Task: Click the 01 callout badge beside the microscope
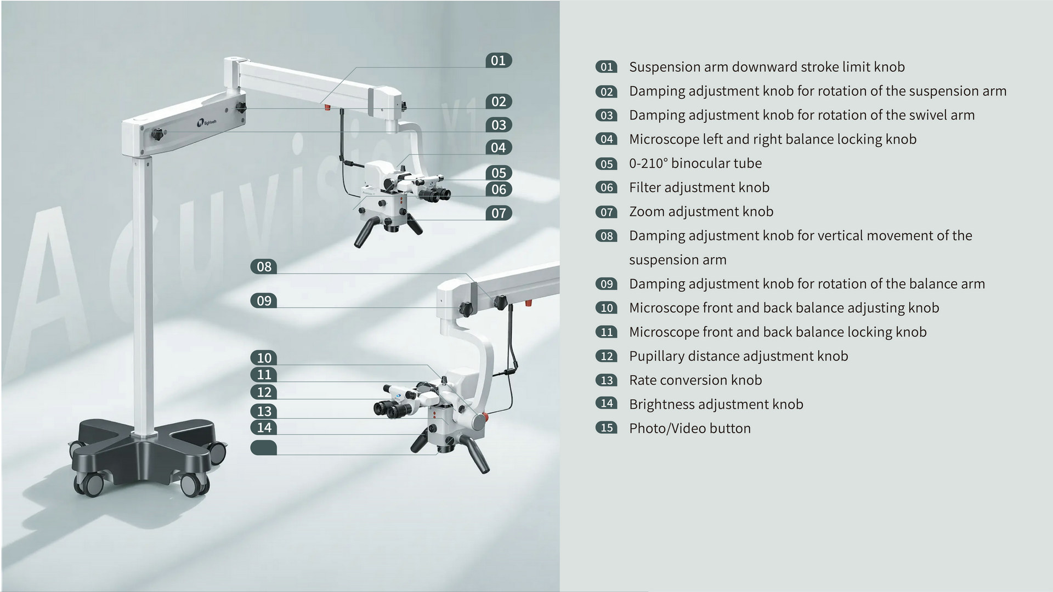499,60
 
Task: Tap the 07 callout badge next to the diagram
499,213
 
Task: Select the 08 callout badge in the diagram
264,267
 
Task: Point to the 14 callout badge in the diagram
264,428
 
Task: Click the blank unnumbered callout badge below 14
264,447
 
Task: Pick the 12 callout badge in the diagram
264,392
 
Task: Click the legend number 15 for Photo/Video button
607,428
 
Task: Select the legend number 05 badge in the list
607,163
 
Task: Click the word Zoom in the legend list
647,212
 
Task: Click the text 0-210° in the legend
648,163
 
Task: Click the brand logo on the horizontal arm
207,123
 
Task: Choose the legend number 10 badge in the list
607,308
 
